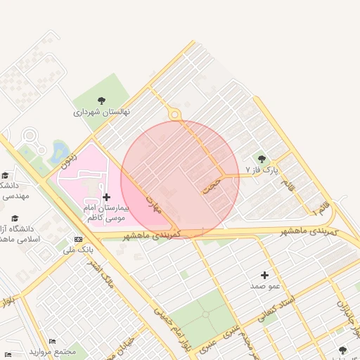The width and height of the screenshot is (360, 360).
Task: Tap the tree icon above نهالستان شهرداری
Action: pos(102,100)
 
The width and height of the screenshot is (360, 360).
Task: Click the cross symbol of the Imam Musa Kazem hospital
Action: pos(106,198)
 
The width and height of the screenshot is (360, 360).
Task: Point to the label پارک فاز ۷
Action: pos(262,170)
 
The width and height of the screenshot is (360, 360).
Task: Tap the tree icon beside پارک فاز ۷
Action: pos(262,160)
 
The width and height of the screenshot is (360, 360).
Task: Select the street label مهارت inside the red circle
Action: pos(153,205)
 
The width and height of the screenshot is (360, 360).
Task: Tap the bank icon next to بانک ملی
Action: pos(77,239)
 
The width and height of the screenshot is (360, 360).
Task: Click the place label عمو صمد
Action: pos(265,286)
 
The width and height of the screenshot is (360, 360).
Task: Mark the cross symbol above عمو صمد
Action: pos(265,275)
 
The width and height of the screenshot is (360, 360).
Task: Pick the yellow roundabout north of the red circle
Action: pos(174,115)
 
